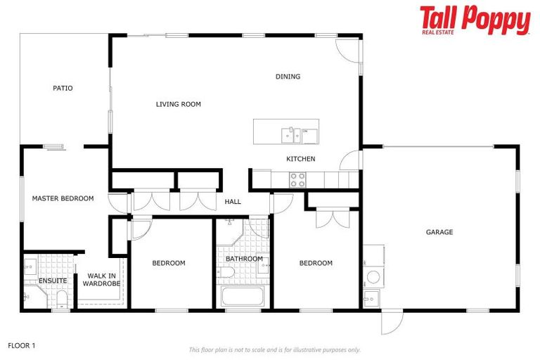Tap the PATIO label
[x=63, y=89]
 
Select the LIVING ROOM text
[x=178, y=104]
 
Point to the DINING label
[x=288, y=77]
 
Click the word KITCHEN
[x=300, y=159]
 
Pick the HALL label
[x=233, y=202]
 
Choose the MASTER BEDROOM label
[x=63, y=198]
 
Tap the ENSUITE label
[x=53, y=281]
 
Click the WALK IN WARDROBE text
[x=102, y=280]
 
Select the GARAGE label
[x=439, y=232]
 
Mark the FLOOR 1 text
[x=21, y=345]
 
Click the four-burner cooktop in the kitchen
[x=297, y=180]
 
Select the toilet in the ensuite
[x=61, y=300]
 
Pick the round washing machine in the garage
[x=372, y=276]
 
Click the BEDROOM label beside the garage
[x=316, y=263]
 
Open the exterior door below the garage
[x=391, y=322]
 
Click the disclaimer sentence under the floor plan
[x=274, y=349]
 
